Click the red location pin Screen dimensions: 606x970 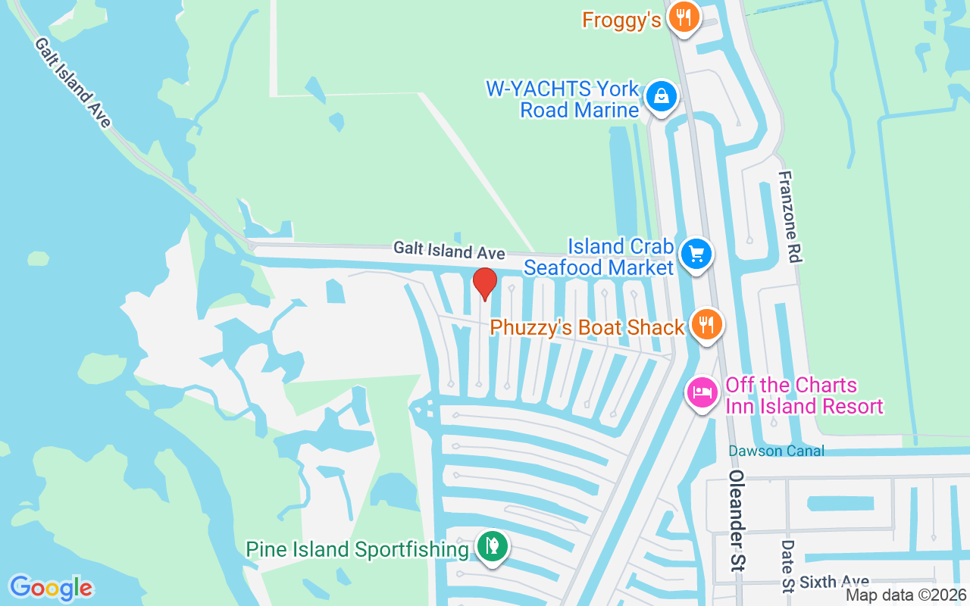pyautogui.click(x=485, y=283)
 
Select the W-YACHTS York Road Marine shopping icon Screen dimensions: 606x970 pyautogui.click(x=662, y=97)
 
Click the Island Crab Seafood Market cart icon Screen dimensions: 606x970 pyautogui.click(x=696, y=254)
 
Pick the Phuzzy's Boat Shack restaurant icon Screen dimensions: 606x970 pyautogui.click(x=706, y=324)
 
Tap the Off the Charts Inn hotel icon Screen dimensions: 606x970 pyautogui.click(x=702, y=392)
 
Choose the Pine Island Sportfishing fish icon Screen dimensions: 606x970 pyautogui.click(x=493, y=546)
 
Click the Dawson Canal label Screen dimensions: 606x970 pyautogui.click(x=776, y=451)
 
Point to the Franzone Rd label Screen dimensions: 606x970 pyautogui.click(x=789, y=217)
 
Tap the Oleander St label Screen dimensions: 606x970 pyautogui.click(x=738, y=526)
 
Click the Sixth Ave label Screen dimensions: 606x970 pyautogui.click(x=834, y=582)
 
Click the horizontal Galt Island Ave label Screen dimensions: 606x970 pyautogui.click(x=449, y=251)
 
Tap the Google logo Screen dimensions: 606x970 pyautogui.click(x=51, y=588)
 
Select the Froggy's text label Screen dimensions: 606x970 pyautogui.click(x=621, y=20)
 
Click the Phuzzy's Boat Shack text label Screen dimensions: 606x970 pyautogui.click(x=587, y=327)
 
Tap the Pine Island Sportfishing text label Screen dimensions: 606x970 pyautogui.click(x=357, y=549)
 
